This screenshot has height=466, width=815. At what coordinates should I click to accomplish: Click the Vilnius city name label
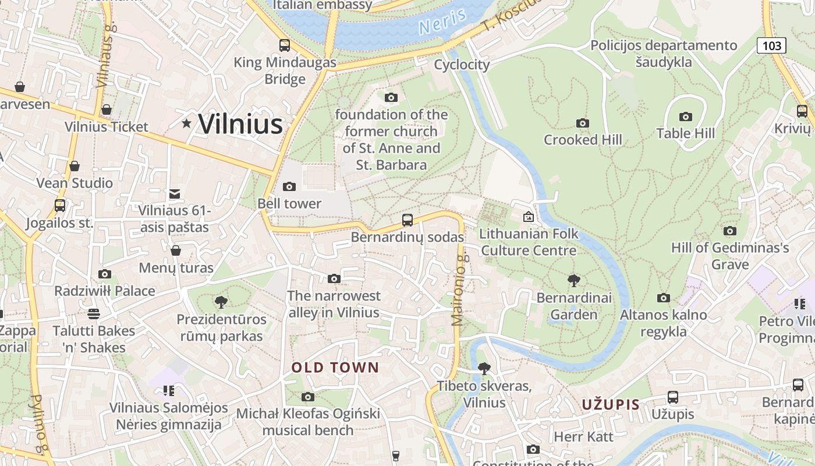click(x=240, y=124)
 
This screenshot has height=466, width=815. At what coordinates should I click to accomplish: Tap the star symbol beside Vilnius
click(x=186, y=123)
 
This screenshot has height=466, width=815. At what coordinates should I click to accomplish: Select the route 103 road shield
click(x=771, y=45)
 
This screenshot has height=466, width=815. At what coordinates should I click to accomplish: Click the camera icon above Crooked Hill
click(x=582, y=123)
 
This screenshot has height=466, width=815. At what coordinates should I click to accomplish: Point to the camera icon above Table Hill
click(x=686, y=116)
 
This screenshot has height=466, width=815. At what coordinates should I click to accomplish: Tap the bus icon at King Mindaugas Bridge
click(x=285, y=45)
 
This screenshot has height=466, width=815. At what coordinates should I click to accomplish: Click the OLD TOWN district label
click(x=335, y=368)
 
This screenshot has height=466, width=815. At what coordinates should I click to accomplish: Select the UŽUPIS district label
click(x=611, y=404)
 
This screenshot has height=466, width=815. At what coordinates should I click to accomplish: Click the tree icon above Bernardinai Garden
click(x=574, y=281)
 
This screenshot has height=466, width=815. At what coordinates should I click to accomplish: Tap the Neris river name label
click(x=442, y=22)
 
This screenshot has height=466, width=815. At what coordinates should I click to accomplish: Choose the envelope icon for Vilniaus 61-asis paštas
click(x=174, y=194)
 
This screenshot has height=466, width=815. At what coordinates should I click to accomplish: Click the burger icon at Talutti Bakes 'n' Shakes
click(x=94, y=314)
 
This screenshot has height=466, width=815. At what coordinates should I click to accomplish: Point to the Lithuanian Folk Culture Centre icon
click(x=528, y=217)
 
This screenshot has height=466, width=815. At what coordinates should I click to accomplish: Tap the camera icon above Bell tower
click(x=289, y=186)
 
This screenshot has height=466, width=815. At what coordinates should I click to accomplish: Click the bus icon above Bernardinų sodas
click(x=408, y=220)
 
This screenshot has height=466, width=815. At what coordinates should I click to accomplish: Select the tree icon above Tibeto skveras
click(x=484, y=368)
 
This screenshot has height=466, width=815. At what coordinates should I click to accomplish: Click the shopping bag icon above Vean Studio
click(x=75, y=166)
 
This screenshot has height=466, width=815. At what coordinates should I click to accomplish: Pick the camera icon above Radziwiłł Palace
click(x=105, y=274)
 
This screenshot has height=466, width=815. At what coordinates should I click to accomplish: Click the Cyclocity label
click(x=462, y=65)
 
